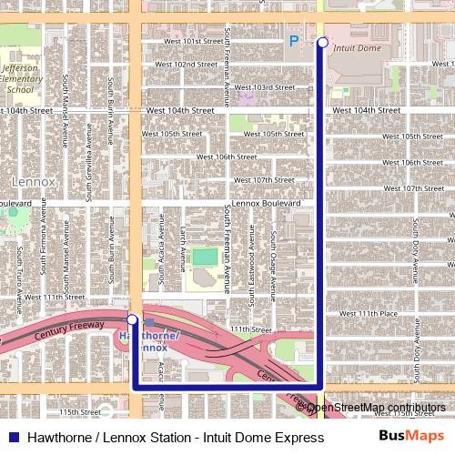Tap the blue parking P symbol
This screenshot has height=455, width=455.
pos(293,40)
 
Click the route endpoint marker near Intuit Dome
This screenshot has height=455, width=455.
pos(322,42)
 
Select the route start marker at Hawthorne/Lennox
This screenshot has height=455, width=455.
pos(133,319)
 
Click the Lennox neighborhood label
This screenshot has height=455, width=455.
pos(34,182)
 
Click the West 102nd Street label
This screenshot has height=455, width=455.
pos(185,65)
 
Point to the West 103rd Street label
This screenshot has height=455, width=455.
pos(264,87)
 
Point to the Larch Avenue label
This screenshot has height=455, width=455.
pos(184,241)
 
